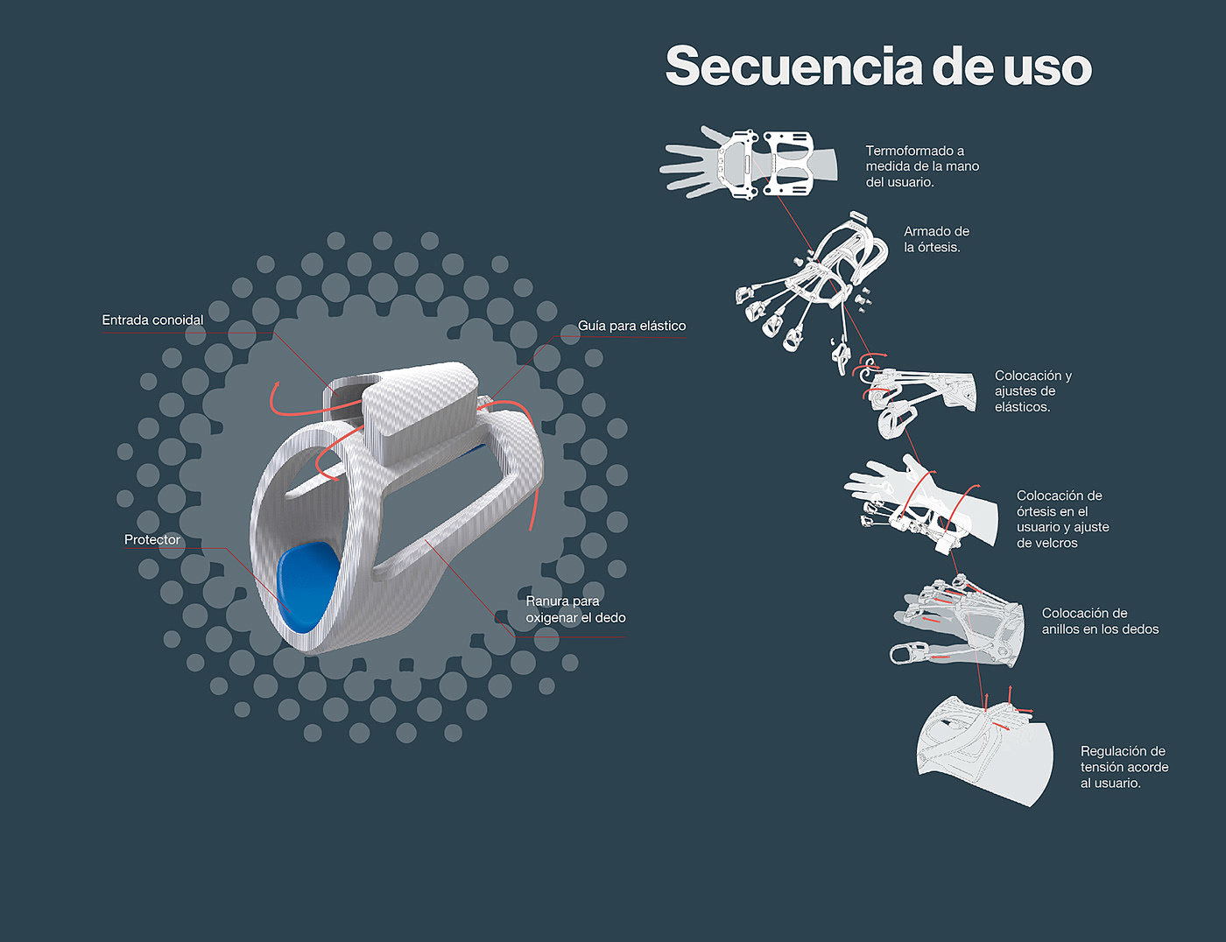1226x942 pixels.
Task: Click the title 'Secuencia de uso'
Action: tap(878, 67)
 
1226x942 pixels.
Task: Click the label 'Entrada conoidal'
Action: tap(152, 320)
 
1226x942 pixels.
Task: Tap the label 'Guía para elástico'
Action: tap(631, 326)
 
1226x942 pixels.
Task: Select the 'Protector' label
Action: tap(151, 540)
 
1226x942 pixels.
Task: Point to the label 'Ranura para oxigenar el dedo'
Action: tap(575, 609)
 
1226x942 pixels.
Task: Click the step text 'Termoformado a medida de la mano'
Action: tap(922, 166)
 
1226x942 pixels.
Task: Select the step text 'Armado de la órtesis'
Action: tap(936, 239)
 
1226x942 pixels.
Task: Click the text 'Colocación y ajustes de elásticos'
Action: tap(1032, 391)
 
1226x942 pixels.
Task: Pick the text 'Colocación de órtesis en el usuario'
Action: tap(1062, 519)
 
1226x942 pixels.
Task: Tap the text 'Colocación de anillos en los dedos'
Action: tap(1100, 621)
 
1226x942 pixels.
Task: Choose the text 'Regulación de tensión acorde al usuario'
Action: tap(1124, 767)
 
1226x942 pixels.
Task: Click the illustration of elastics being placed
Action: tap(919, 398)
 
